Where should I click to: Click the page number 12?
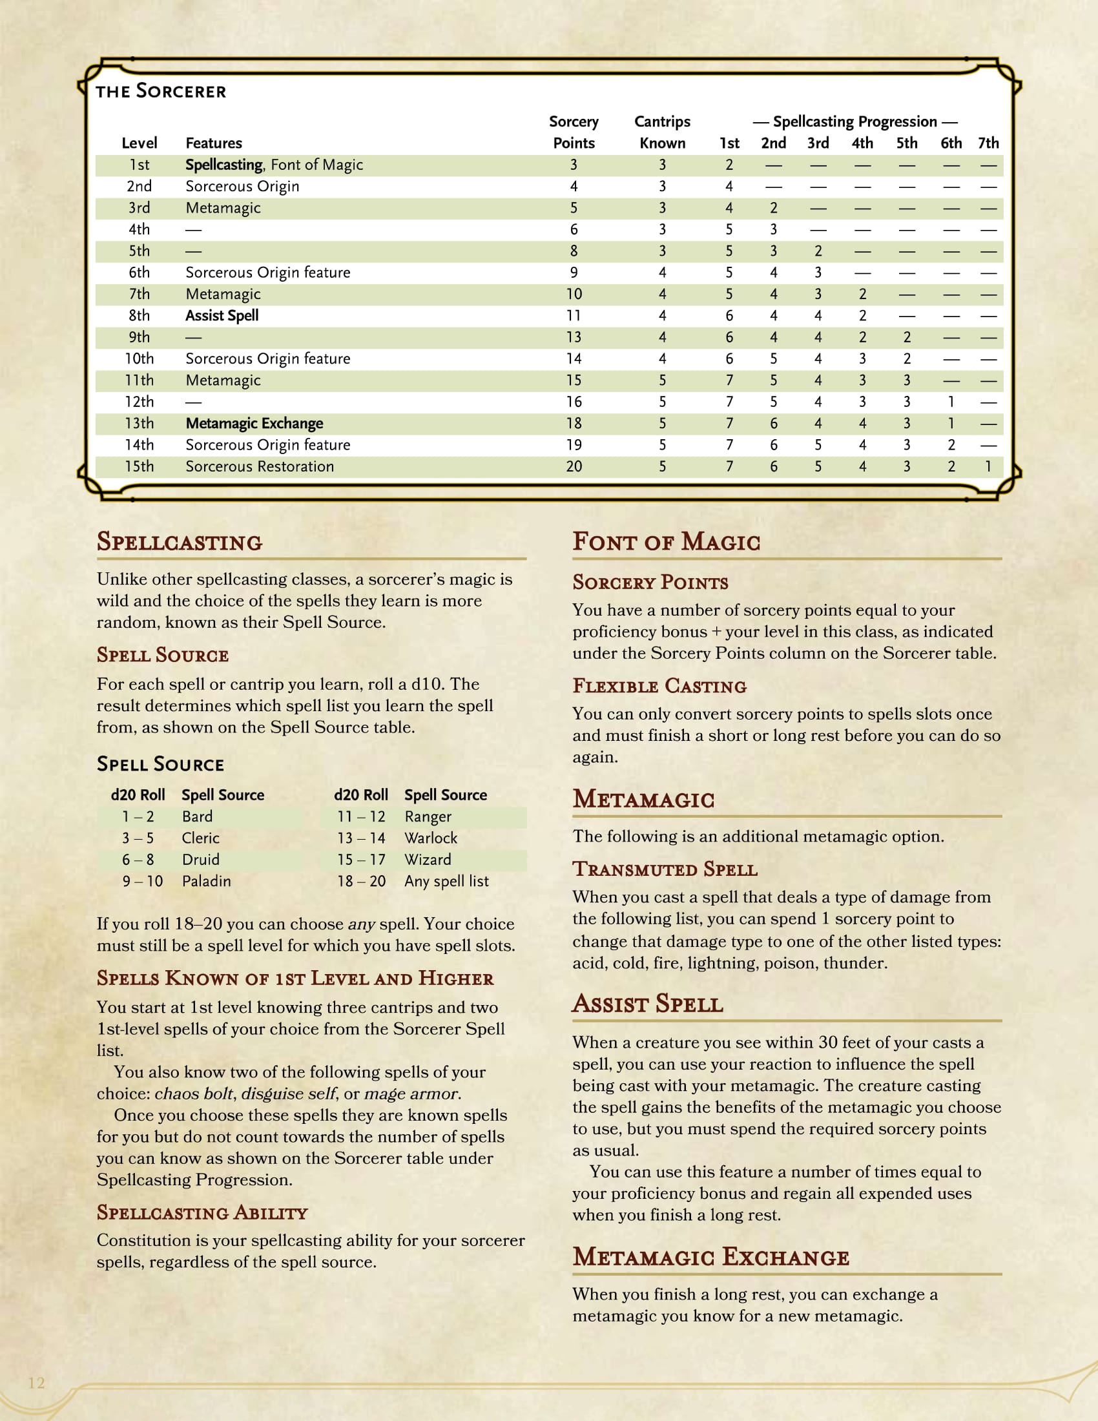point(36,1383)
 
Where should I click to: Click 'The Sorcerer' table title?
point(161,92)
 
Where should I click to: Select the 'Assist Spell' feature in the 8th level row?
point(222,316)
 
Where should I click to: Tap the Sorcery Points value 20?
point(573,466)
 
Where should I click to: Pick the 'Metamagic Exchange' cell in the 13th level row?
point(254,424)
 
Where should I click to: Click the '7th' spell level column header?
point(988,143)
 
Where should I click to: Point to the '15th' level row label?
point(140,466)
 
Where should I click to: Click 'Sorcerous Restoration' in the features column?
point(260,466)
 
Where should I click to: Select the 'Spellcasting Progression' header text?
point(855,121)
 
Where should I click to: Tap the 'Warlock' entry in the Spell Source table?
point(431,838)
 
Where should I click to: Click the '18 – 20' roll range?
point(361,881)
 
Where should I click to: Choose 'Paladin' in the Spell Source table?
point(206,881)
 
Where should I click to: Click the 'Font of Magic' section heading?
point(666,542)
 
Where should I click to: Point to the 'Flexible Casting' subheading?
point(659,686)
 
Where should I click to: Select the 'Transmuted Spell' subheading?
point(665,869)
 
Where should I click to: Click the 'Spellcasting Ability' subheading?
point(202,1213)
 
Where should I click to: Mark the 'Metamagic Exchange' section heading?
point(710,1257)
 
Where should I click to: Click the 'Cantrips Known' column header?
point(662,132)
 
